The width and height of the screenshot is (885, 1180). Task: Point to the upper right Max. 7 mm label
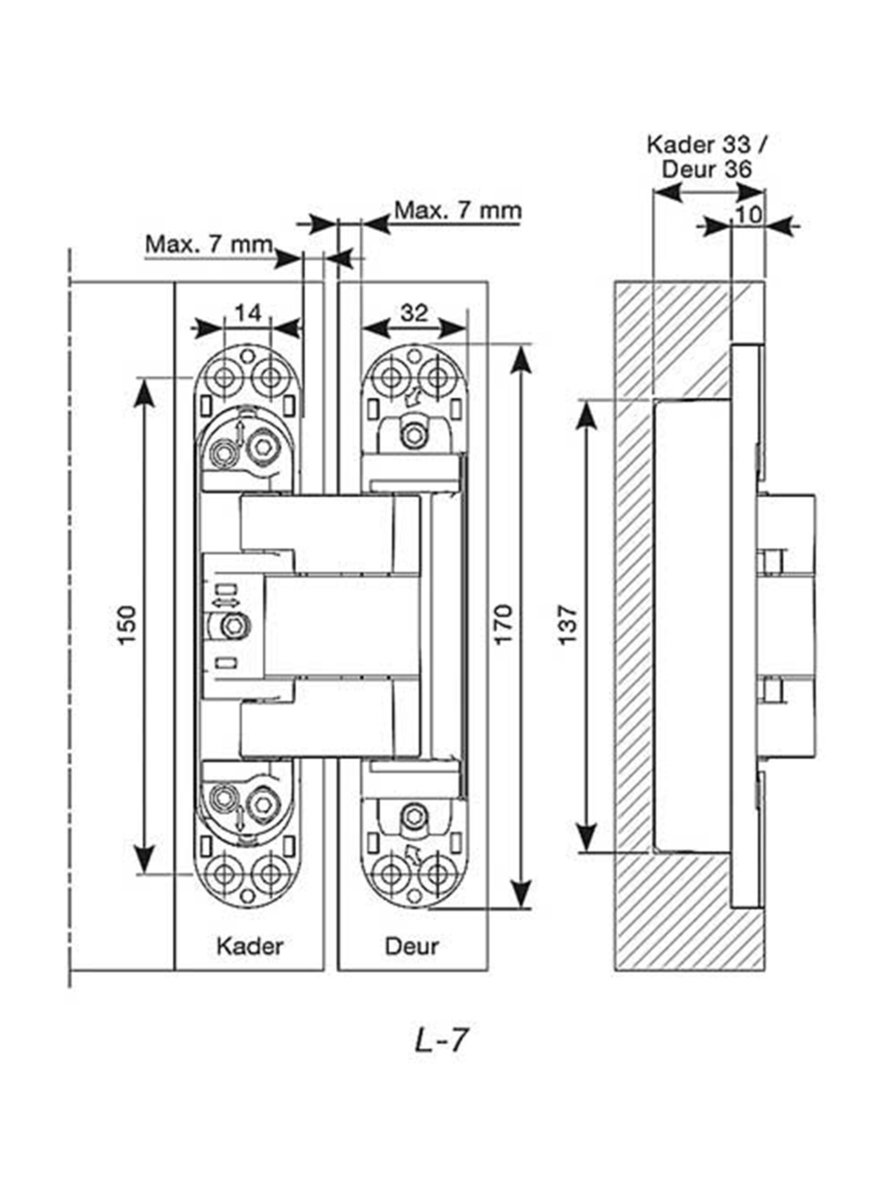[x=457, y=210]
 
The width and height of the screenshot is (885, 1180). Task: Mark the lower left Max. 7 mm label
[x=209, y=245]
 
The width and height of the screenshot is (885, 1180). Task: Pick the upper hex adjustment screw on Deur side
[x=412, y=435]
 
